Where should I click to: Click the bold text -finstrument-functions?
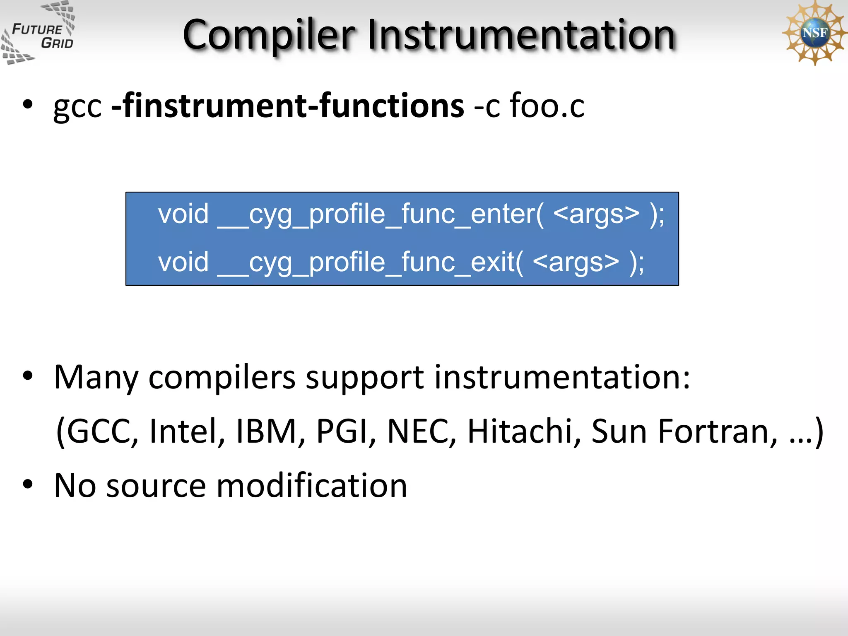click(288, 106)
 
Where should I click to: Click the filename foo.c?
click(547, 106)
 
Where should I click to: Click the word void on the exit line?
click(183, 263)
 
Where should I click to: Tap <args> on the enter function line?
click(596, 214)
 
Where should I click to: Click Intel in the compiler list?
click(187, 431)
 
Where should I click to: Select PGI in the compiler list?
click(346, 431)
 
